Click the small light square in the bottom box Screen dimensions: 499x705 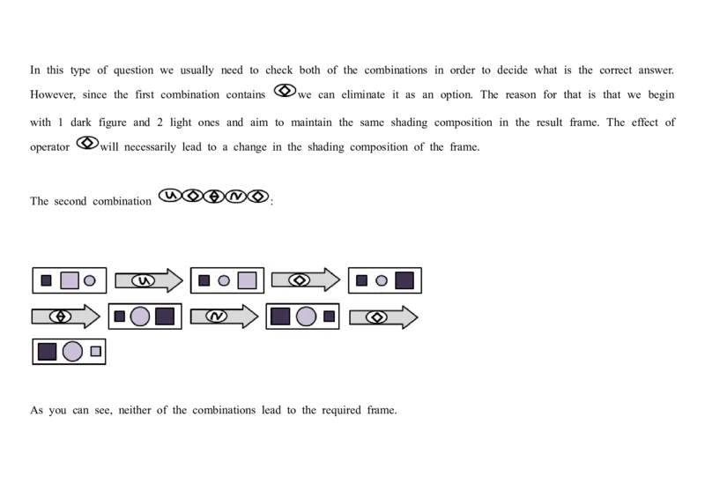(95, 351)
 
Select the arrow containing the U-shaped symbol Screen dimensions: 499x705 (147, 280)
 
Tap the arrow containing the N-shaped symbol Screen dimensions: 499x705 (222, 316)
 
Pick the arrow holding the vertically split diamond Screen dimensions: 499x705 (64, 316)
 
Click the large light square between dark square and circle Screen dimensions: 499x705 (70, 280)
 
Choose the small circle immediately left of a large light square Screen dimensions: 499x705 (224, 280)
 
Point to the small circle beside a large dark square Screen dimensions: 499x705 (382, 280)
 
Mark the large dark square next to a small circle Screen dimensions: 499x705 (404, 280)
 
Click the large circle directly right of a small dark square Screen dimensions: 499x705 (140, 317)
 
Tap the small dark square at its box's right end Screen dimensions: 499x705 (329, 316)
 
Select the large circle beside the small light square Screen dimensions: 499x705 (72, 351)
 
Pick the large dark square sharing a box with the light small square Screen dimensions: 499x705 (48, 351)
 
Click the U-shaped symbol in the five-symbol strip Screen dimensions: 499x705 (169, 196)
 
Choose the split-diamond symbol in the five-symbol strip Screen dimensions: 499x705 (213, 196)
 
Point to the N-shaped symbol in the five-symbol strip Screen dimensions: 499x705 (235, 196)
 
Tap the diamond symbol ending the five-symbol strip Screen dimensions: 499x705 (257, 196)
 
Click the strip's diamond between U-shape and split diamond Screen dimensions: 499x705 (192, 196)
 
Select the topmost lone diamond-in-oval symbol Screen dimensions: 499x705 (284, 90)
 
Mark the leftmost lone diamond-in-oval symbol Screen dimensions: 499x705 (86, 143)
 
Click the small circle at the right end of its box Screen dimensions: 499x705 (89, 280)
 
